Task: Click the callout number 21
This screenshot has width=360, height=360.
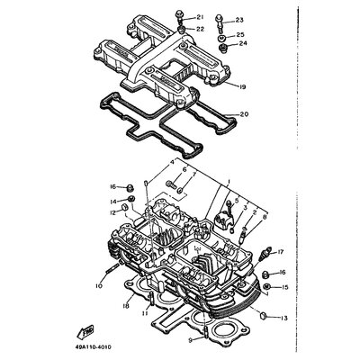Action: point(200,17)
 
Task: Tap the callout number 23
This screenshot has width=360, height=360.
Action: point(238,20)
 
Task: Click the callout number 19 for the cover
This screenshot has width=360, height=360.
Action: point(242,85)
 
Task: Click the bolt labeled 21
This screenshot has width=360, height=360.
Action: point(182,15)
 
